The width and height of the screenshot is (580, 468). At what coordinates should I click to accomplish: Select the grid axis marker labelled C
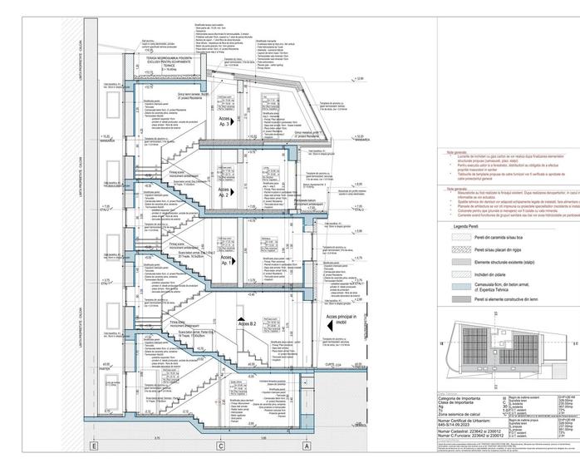(x=220, y=446)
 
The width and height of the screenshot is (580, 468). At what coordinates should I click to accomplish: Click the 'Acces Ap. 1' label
(x=227, y=260)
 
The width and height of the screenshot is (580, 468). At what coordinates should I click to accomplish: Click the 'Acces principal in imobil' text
(x=339, y=320)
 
